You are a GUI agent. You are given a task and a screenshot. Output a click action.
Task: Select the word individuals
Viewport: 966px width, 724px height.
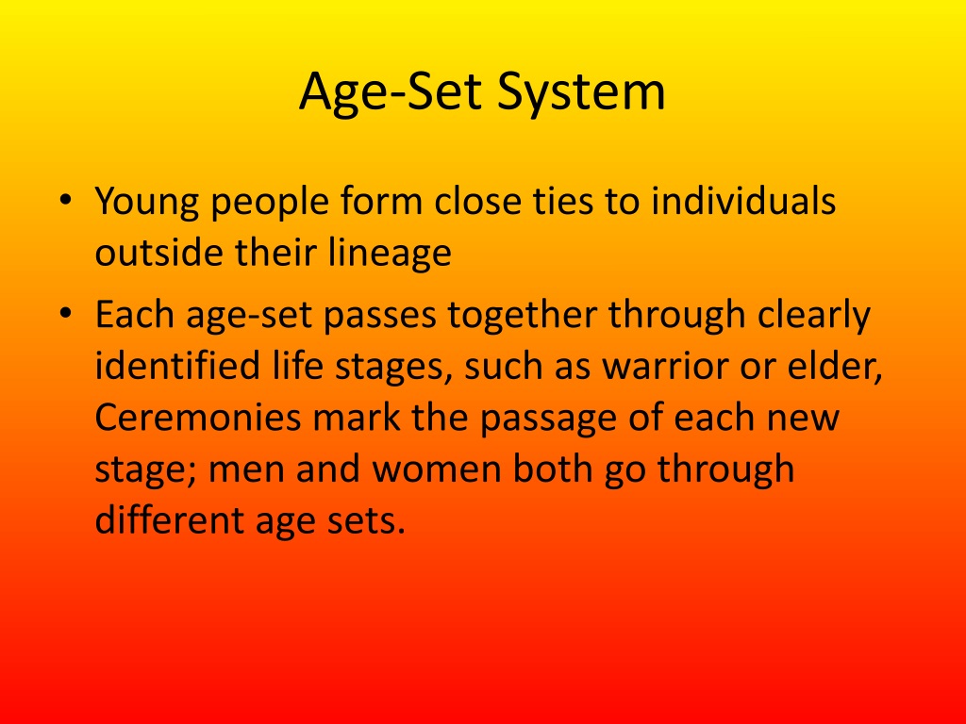(x=743, y=202)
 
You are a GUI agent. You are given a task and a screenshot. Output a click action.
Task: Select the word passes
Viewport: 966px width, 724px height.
(x=381, y=317)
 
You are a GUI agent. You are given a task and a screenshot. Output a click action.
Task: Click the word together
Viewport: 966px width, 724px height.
(x=523, y=317)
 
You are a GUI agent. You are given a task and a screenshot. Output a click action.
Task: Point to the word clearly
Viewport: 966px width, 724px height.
(x=812, y=317)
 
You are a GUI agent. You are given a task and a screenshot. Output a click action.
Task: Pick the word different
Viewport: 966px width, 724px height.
(x=159, y=520)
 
